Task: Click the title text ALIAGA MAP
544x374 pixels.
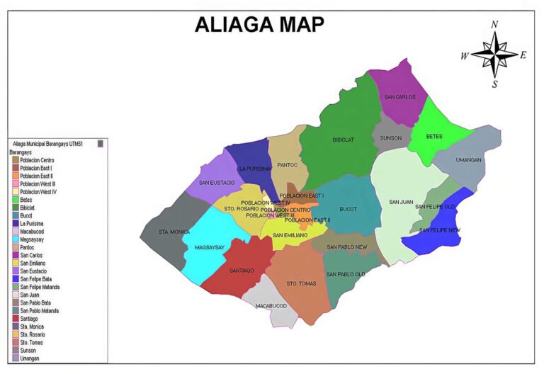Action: (x=259, y=24)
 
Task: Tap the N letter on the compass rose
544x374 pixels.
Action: (x=494, y=25)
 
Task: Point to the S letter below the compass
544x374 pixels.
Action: (x=494, y=84)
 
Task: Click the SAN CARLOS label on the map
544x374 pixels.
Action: (x=400, y=97)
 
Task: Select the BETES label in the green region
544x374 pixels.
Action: (x=433, y=136)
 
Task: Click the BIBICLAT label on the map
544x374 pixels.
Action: (x=344, y=140)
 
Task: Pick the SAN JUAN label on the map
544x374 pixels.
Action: (x=401, y=202)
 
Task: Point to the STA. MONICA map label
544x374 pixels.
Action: (x=173, y=232)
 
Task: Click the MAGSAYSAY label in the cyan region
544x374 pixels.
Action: (x=209, y=247)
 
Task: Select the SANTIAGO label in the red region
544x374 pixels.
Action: (x=242, y=270)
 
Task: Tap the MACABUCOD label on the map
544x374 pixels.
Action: (x=271, y=306)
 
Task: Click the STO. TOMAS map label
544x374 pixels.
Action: (x=300, y=284)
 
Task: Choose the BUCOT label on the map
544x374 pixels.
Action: (x=348, y=209)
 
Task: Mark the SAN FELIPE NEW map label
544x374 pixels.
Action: (x=439, y=230)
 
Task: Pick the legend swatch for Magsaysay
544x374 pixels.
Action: (x=15, y=239)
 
